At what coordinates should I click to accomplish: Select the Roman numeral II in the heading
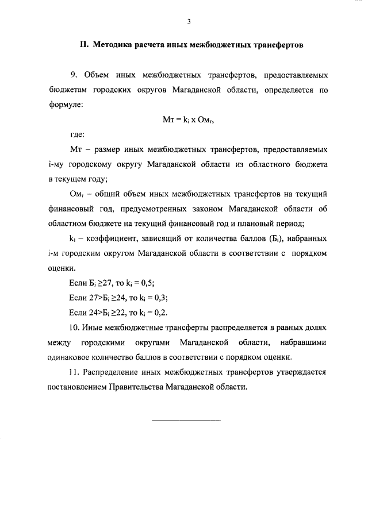tap(83, 44)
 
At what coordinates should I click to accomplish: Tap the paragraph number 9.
tap(73, 75)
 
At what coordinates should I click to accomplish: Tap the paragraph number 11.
tap(75, 372)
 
